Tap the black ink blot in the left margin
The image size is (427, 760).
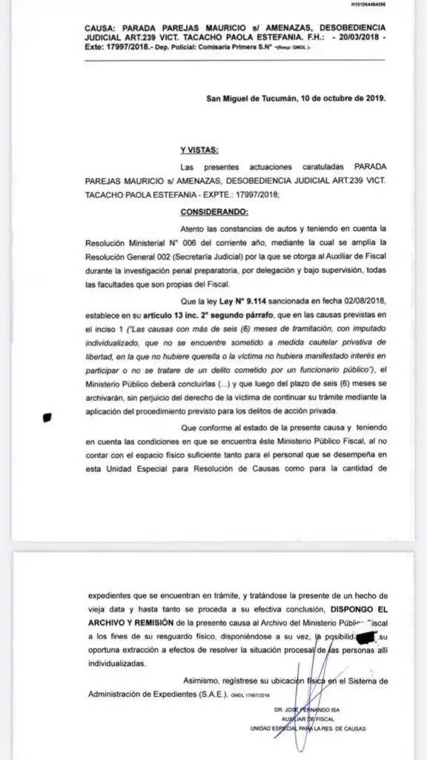click(x=48, y=417)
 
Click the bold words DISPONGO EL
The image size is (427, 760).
click(x=351, y=609)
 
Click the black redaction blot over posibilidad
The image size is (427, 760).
click(x=366, y=637)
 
